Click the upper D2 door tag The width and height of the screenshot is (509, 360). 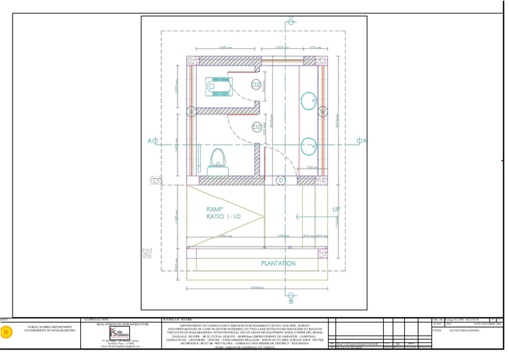click(255, 85)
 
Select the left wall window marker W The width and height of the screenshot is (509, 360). click(191, 111)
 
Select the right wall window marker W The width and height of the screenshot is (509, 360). click(323, 111)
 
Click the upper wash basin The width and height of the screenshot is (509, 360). click(308, 101)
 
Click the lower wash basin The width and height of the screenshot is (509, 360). click(308, 144)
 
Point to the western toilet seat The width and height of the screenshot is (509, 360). click(216, 158)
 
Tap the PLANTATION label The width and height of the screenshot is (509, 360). click(278, 263)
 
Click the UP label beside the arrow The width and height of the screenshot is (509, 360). click(337, 210)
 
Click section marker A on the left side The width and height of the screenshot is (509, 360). click(152, 141)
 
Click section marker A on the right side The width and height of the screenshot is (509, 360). click(362, 141)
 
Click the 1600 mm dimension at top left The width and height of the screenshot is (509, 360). click(224, 48)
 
